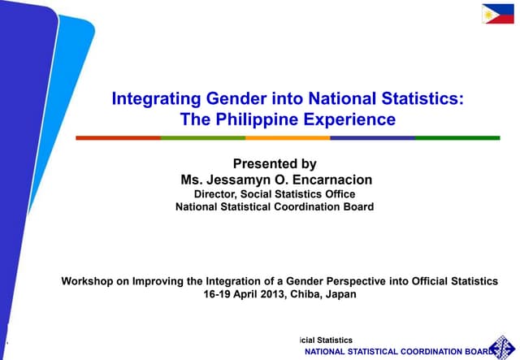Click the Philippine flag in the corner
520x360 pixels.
click(x=498, y=13)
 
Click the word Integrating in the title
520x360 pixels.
click(x=155, y=99)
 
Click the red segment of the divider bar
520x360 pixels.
click(x=118, y=137)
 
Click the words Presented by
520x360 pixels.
click(x=275, y=163)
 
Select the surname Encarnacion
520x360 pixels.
click(x=323, y=179)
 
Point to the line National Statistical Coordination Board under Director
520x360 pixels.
click(x=275, y=206)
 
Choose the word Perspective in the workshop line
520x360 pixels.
click(x=346, y=280)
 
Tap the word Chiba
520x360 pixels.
click(x=307, y=294)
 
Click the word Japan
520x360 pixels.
click(x=340, y=294)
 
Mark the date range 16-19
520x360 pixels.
click(x=217, y=294)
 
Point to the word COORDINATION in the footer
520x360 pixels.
click(x=429, y=351)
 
